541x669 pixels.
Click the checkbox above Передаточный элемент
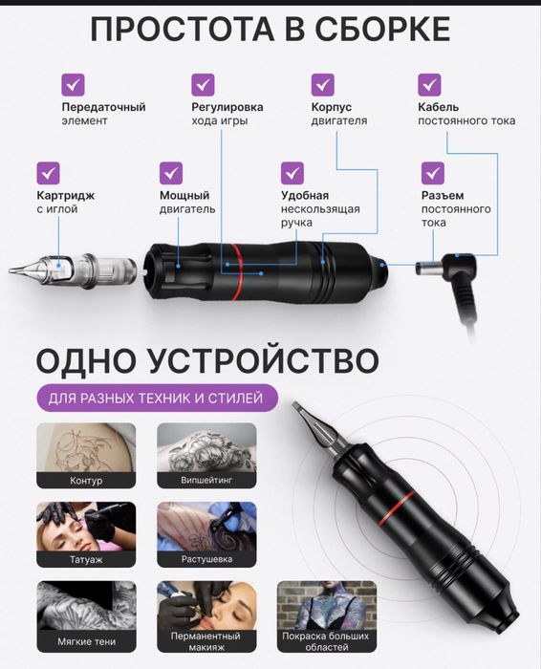(74, 83)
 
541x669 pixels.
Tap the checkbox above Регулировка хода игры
(203, 83)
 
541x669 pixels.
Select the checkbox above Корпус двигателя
(323, 83)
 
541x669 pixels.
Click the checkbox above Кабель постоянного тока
(430, 83)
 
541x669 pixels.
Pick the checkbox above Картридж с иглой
(49, 173)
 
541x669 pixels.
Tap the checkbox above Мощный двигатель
(171, 173)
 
